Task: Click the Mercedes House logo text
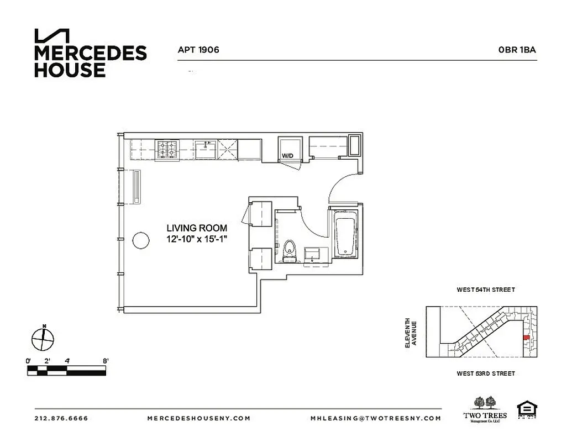click(x=90, y=61)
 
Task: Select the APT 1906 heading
click(x=198, y=50)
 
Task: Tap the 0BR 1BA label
click(x=517, y=50)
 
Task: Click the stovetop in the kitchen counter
click(x=168, y=149)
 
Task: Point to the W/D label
click(x=288, y=156)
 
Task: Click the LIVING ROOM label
click(x=197, y=228)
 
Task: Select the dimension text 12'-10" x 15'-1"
click(x=197, y=239)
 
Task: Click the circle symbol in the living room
click(x=140, y=240)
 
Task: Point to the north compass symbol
click(x=43, y=338)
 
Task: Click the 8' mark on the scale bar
click(x=105, y=361)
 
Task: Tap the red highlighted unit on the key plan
click(x=526, y=338)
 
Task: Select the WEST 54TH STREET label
click(x=485, y=290)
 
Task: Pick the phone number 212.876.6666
click(x=61, y=418)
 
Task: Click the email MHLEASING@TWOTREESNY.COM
click(x=376, y=418)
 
